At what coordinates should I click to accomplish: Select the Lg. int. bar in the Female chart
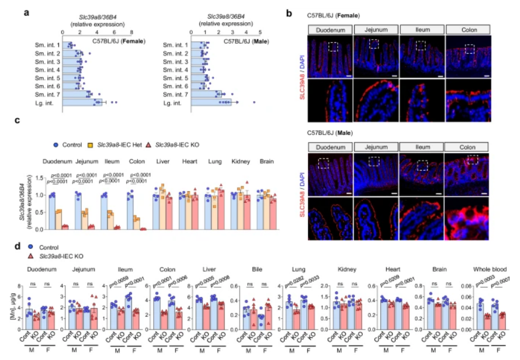click(82, 102)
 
